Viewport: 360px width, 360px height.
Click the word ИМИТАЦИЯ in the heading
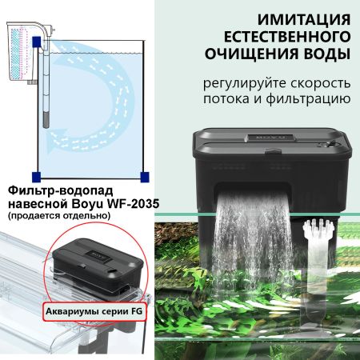point(258,18)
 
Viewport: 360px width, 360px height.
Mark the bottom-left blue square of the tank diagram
point(35,176)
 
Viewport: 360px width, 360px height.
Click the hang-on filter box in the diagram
point(19,48)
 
